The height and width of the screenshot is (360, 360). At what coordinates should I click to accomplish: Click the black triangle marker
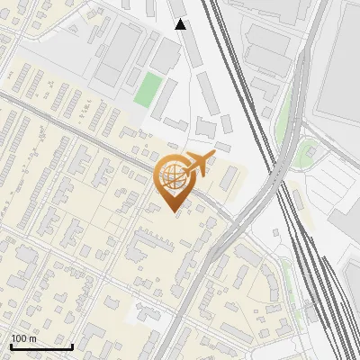181,24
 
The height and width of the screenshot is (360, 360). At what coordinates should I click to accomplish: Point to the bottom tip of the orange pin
173,211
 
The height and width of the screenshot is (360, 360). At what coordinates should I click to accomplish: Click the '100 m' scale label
24,338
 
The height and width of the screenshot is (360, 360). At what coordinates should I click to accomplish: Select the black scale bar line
41,346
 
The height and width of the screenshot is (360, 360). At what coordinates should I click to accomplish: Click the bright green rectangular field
149,89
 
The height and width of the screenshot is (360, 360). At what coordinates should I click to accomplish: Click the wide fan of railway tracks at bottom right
319,288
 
